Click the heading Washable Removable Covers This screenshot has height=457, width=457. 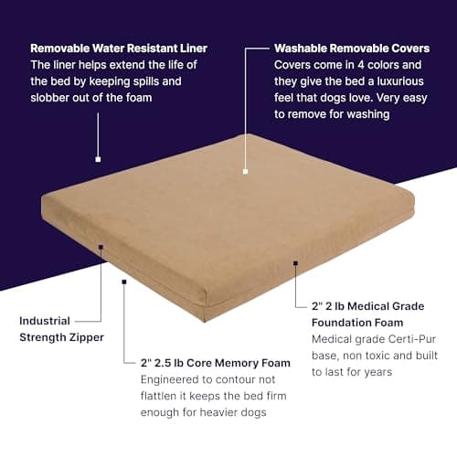point(344,48)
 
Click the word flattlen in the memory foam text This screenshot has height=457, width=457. point(161,397)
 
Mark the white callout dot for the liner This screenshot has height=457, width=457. point(98,158)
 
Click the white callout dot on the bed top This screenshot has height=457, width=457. point(246,171)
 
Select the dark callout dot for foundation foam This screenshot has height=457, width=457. point(295,263)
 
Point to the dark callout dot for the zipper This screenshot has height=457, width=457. point(101,247)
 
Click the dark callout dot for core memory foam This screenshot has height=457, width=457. point(123,282)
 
